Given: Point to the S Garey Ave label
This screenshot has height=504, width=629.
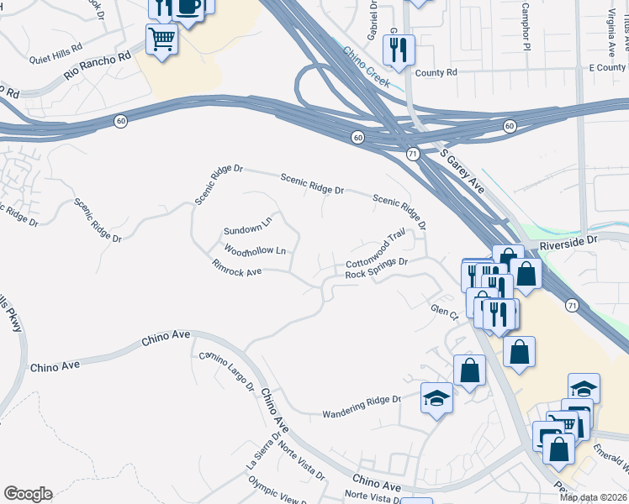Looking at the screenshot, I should point(462,172).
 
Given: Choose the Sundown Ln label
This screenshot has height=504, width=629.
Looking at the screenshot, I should point(247,228).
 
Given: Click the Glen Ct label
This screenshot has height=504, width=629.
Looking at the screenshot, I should point(442,312).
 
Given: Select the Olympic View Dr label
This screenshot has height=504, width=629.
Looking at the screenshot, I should point(278,491).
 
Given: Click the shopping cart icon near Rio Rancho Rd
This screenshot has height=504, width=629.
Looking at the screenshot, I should point(161,37).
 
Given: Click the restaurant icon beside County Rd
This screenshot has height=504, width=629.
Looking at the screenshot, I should point(399,49).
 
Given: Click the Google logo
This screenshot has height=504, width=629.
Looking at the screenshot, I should point(28,494).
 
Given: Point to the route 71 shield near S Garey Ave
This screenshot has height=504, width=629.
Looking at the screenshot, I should point(412,154).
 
